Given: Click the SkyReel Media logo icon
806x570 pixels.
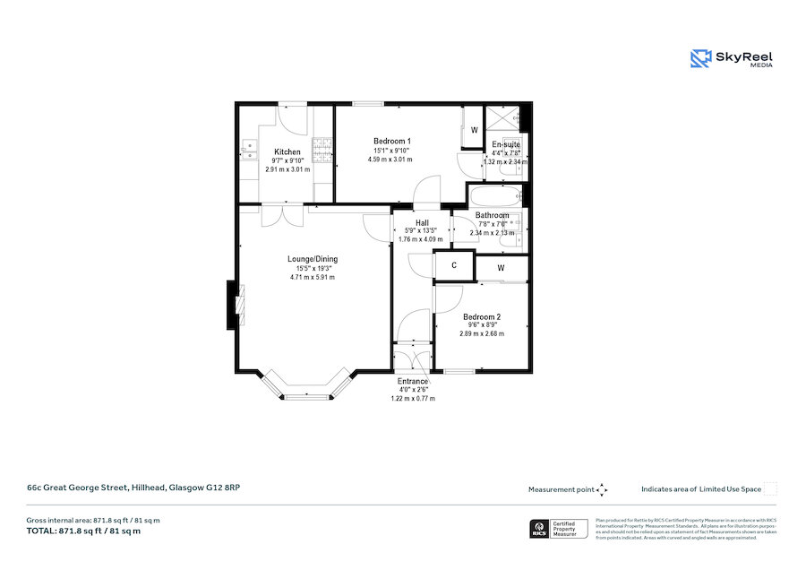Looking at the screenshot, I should point(700,58).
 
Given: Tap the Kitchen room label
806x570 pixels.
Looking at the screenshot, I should point(287,151).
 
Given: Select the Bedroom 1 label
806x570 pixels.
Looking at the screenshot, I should point(391,142).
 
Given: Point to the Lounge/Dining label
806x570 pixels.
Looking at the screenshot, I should point(312,259).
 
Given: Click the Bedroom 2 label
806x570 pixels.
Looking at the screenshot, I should point(481,317).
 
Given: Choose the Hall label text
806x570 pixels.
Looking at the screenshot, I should point(421,222).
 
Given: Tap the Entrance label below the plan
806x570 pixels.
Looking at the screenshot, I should point(413,381).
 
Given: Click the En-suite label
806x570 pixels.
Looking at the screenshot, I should point(506,144).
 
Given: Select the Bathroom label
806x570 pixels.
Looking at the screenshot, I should point(492,215).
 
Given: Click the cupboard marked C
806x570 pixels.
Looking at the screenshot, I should point(454,265).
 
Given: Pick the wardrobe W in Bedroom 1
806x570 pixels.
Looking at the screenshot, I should point(474,129).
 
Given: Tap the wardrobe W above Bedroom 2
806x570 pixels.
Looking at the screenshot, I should point(501,268).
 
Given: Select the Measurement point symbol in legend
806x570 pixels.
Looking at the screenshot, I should point(603,489).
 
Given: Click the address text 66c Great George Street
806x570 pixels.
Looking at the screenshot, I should point(132,488).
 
